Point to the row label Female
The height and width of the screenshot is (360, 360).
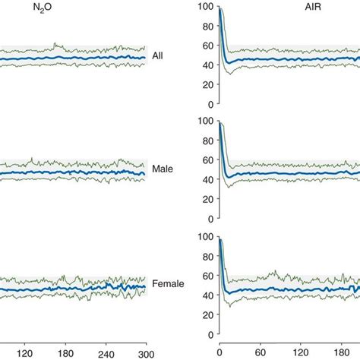169,283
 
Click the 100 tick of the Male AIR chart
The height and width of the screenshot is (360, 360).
203,121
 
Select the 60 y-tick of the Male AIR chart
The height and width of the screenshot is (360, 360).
206,159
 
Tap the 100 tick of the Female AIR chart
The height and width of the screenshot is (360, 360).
203,236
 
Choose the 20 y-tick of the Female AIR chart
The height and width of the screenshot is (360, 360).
206,314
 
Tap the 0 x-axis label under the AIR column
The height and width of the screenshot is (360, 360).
219,352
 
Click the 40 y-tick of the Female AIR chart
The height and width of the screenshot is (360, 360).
206,295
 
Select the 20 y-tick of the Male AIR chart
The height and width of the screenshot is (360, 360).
206,198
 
